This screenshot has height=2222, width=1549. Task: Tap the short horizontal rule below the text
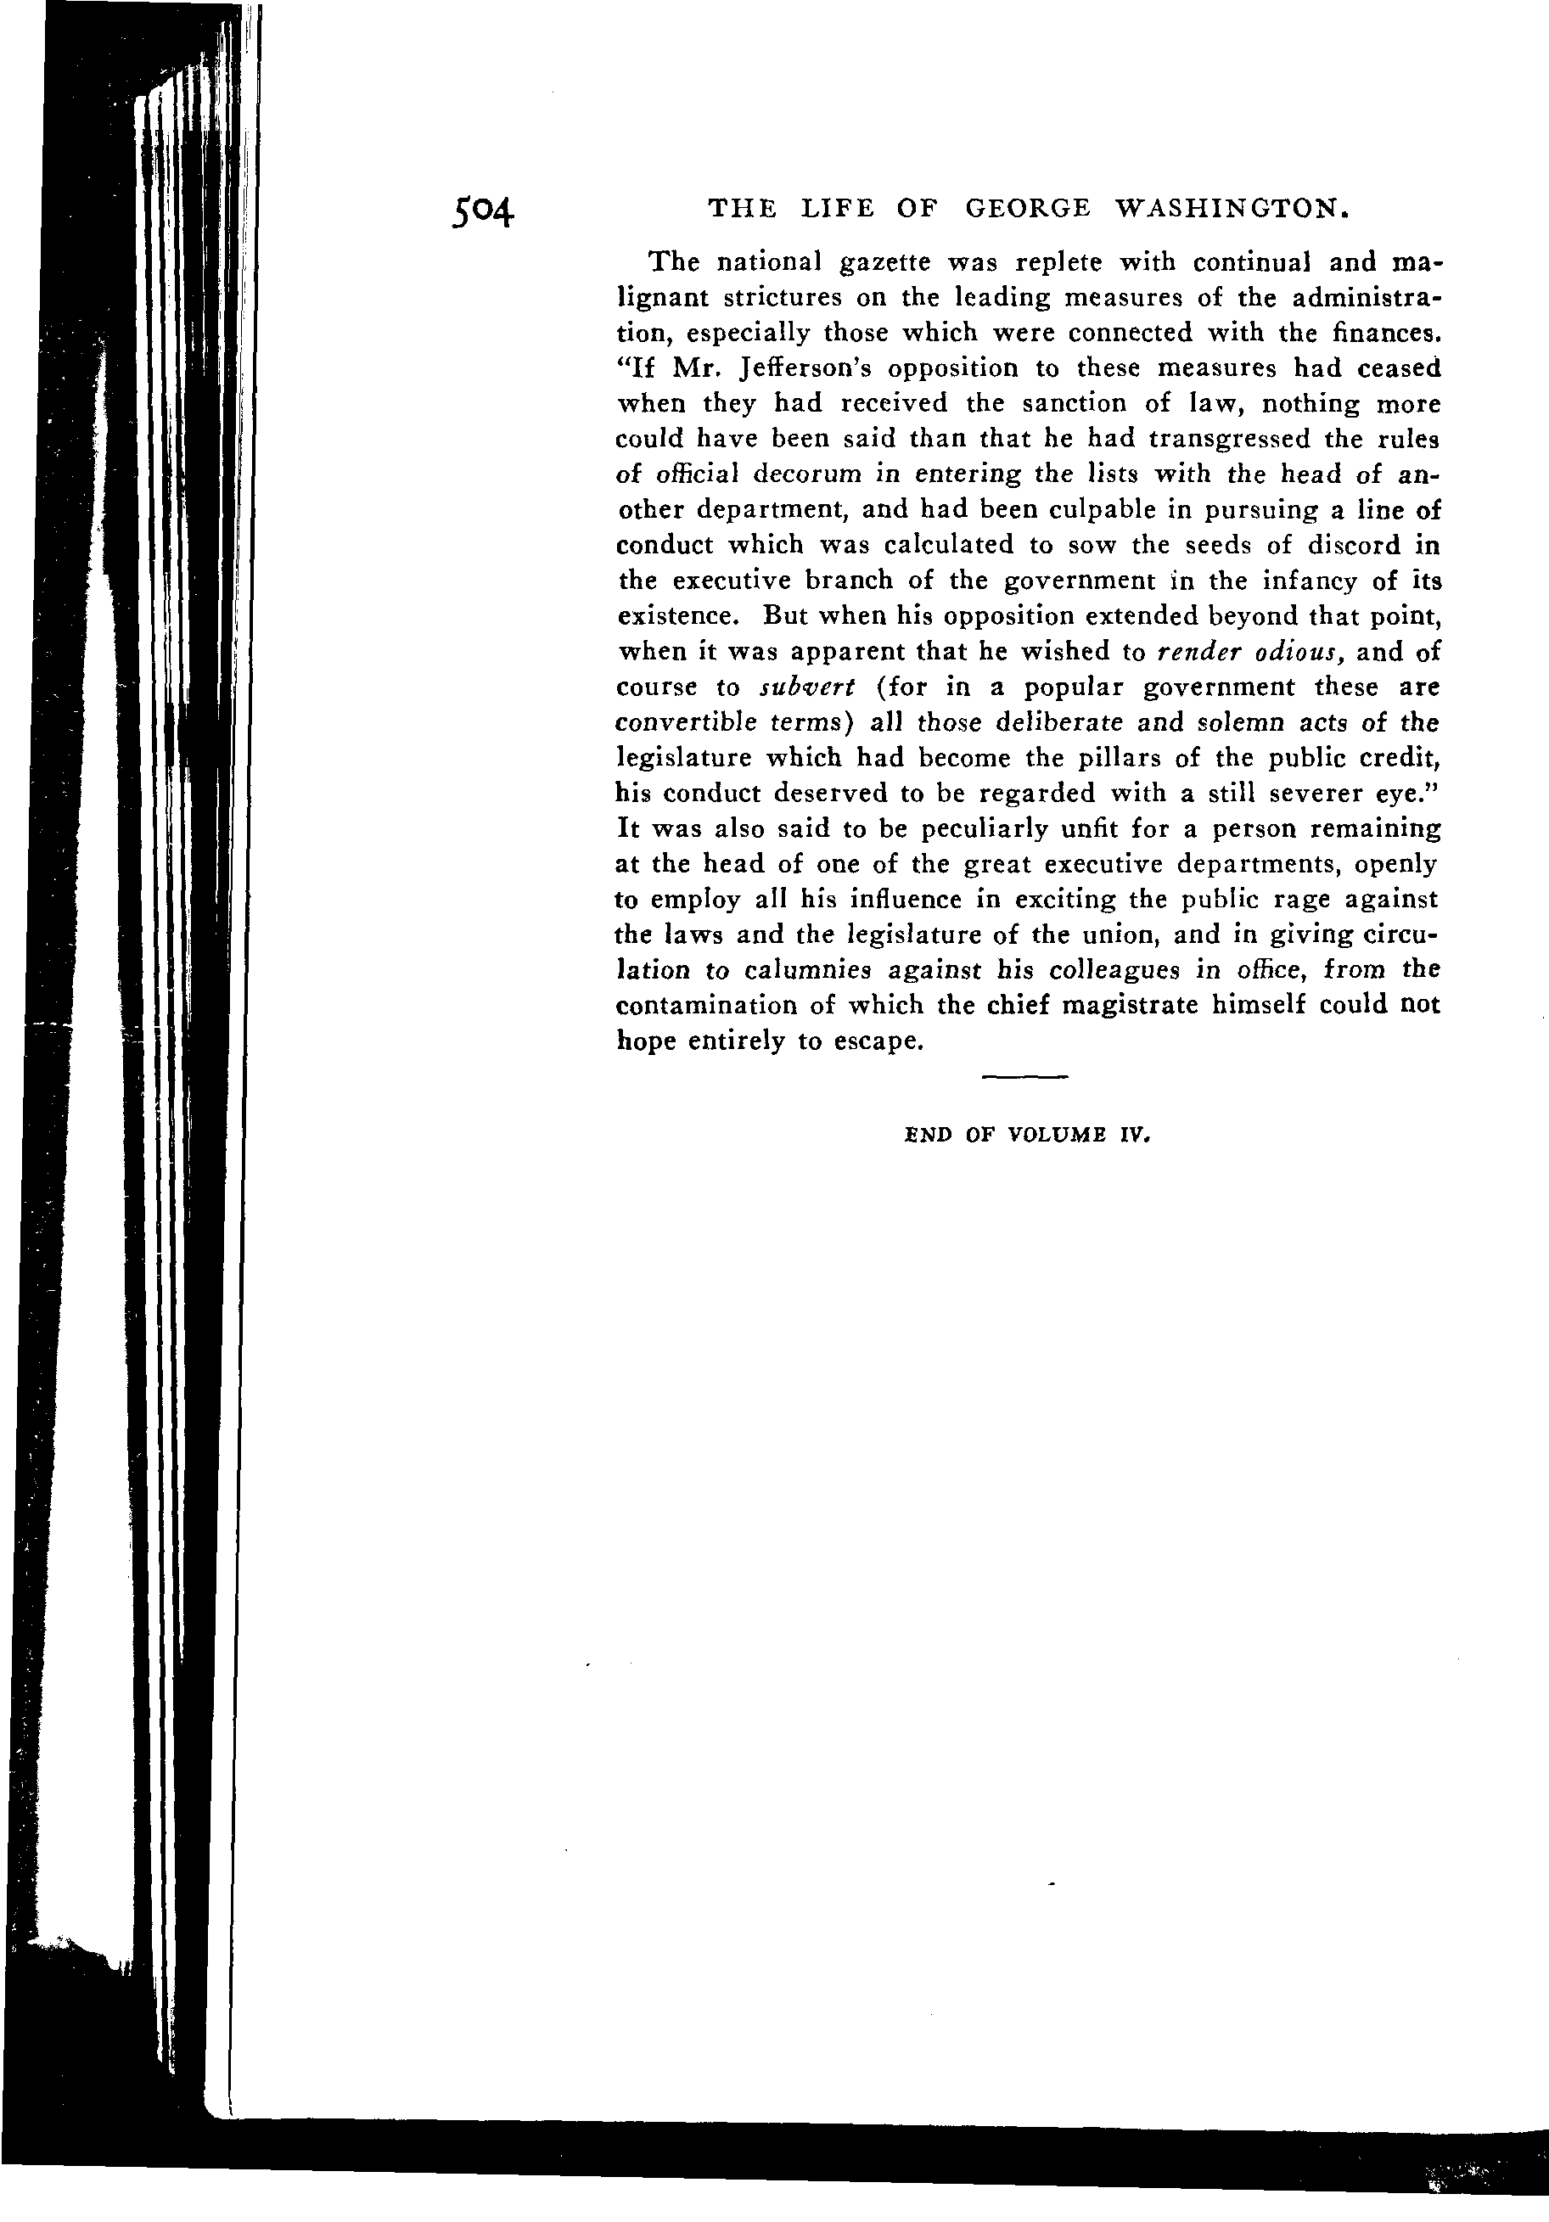point(1024,1076)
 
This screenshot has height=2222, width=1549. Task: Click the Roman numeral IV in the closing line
point(1133,1138)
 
